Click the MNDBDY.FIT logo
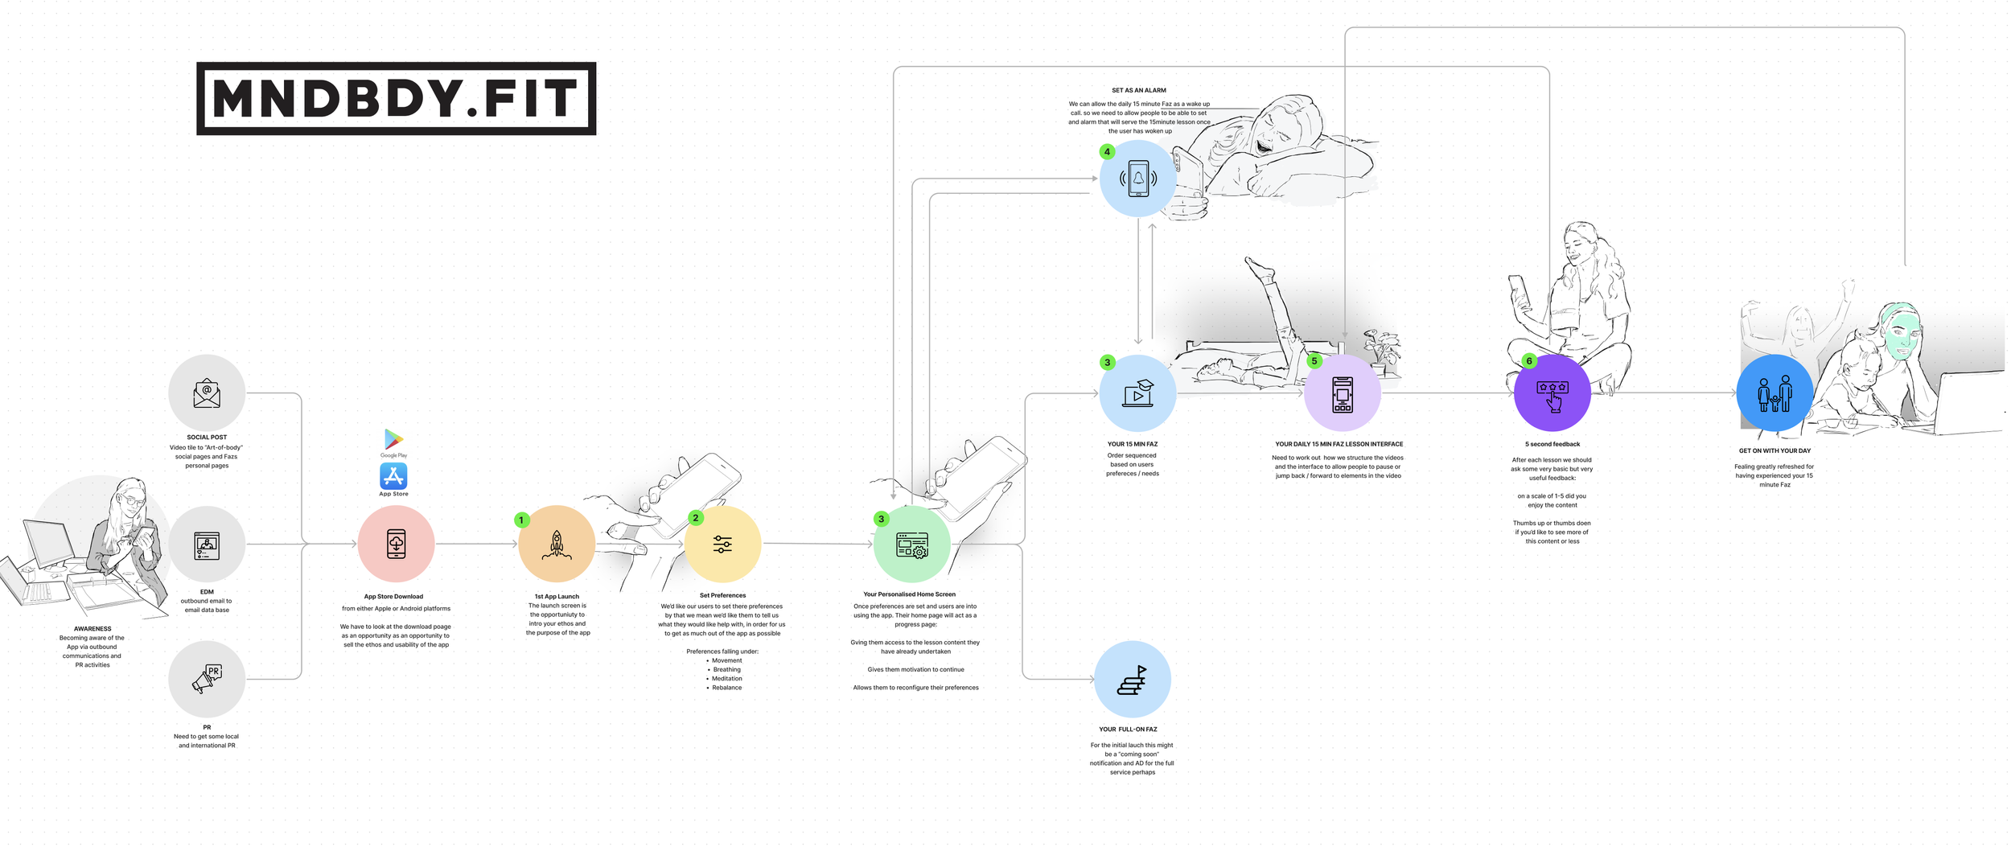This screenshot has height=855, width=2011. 396,98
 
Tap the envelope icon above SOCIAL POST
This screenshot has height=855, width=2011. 207,393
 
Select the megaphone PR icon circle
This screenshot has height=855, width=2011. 207,679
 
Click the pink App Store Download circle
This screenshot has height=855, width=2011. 396,544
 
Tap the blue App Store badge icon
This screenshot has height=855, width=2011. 393,476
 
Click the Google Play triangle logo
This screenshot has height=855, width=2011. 393,439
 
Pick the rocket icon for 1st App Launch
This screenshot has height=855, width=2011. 557,544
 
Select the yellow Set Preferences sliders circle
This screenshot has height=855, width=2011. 722,545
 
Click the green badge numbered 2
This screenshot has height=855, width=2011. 696,518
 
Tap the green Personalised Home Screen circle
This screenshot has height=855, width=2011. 911,545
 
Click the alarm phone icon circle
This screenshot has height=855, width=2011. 1137,179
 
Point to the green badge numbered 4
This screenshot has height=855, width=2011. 1107,151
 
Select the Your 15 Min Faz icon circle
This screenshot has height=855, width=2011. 1137,393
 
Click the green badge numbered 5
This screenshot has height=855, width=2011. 1314,361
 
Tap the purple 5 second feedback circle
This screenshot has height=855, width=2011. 1552,393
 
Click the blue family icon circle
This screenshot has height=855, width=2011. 1775,393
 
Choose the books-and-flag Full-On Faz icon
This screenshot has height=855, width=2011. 1133,679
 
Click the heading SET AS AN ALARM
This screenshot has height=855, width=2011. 1138,90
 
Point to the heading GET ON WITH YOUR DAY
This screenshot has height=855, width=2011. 1775,450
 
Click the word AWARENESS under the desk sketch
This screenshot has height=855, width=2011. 93,629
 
